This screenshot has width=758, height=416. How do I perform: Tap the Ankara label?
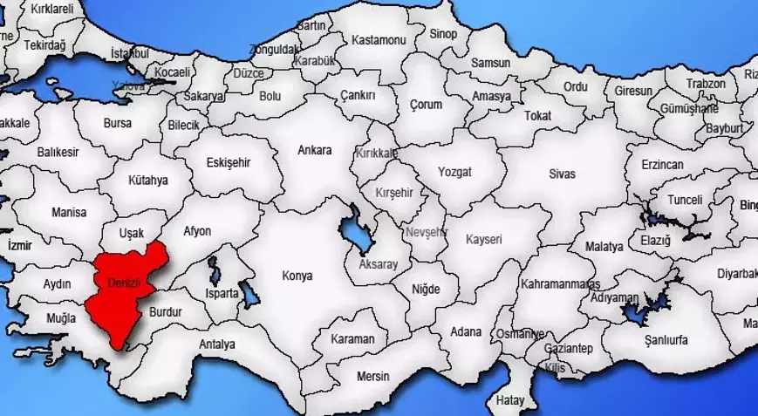coord(314,150)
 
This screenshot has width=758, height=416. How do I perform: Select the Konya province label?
coord(297,276)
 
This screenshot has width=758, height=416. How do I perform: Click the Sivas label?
coord(562,174)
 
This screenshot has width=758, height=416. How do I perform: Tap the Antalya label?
coord(216,344)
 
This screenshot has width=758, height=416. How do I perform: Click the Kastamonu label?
coord(379,40)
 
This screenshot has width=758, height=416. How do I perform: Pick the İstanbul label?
coord(130,53)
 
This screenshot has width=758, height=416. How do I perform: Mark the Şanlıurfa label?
coord(667,340)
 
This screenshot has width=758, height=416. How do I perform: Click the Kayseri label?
coord(484,238)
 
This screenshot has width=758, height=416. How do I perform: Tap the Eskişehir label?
coord(228,162)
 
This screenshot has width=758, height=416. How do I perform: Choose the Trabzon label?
coord(705,84)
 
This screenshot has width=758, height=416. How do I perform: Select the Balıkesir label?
coord(58,152)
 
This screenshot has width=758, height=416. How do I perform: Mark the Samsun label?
coord(490,63)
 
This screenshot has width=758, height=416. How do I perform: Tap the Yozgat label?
coord(454,172)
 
